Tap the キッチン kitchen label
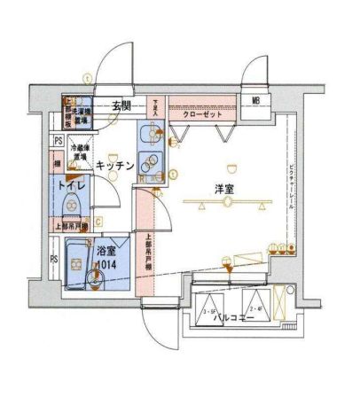pyautogui.click(x=116, y=165)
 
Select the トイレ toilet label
pyautogui.click(x=70, y=187)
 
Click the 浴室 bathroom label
pyautogui.click(x=106, y=250)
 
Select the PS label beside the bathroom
pyautogui.click(x=54, y=258)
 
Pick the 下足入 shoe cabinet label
pyautogui.click(x=156, y=107)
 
